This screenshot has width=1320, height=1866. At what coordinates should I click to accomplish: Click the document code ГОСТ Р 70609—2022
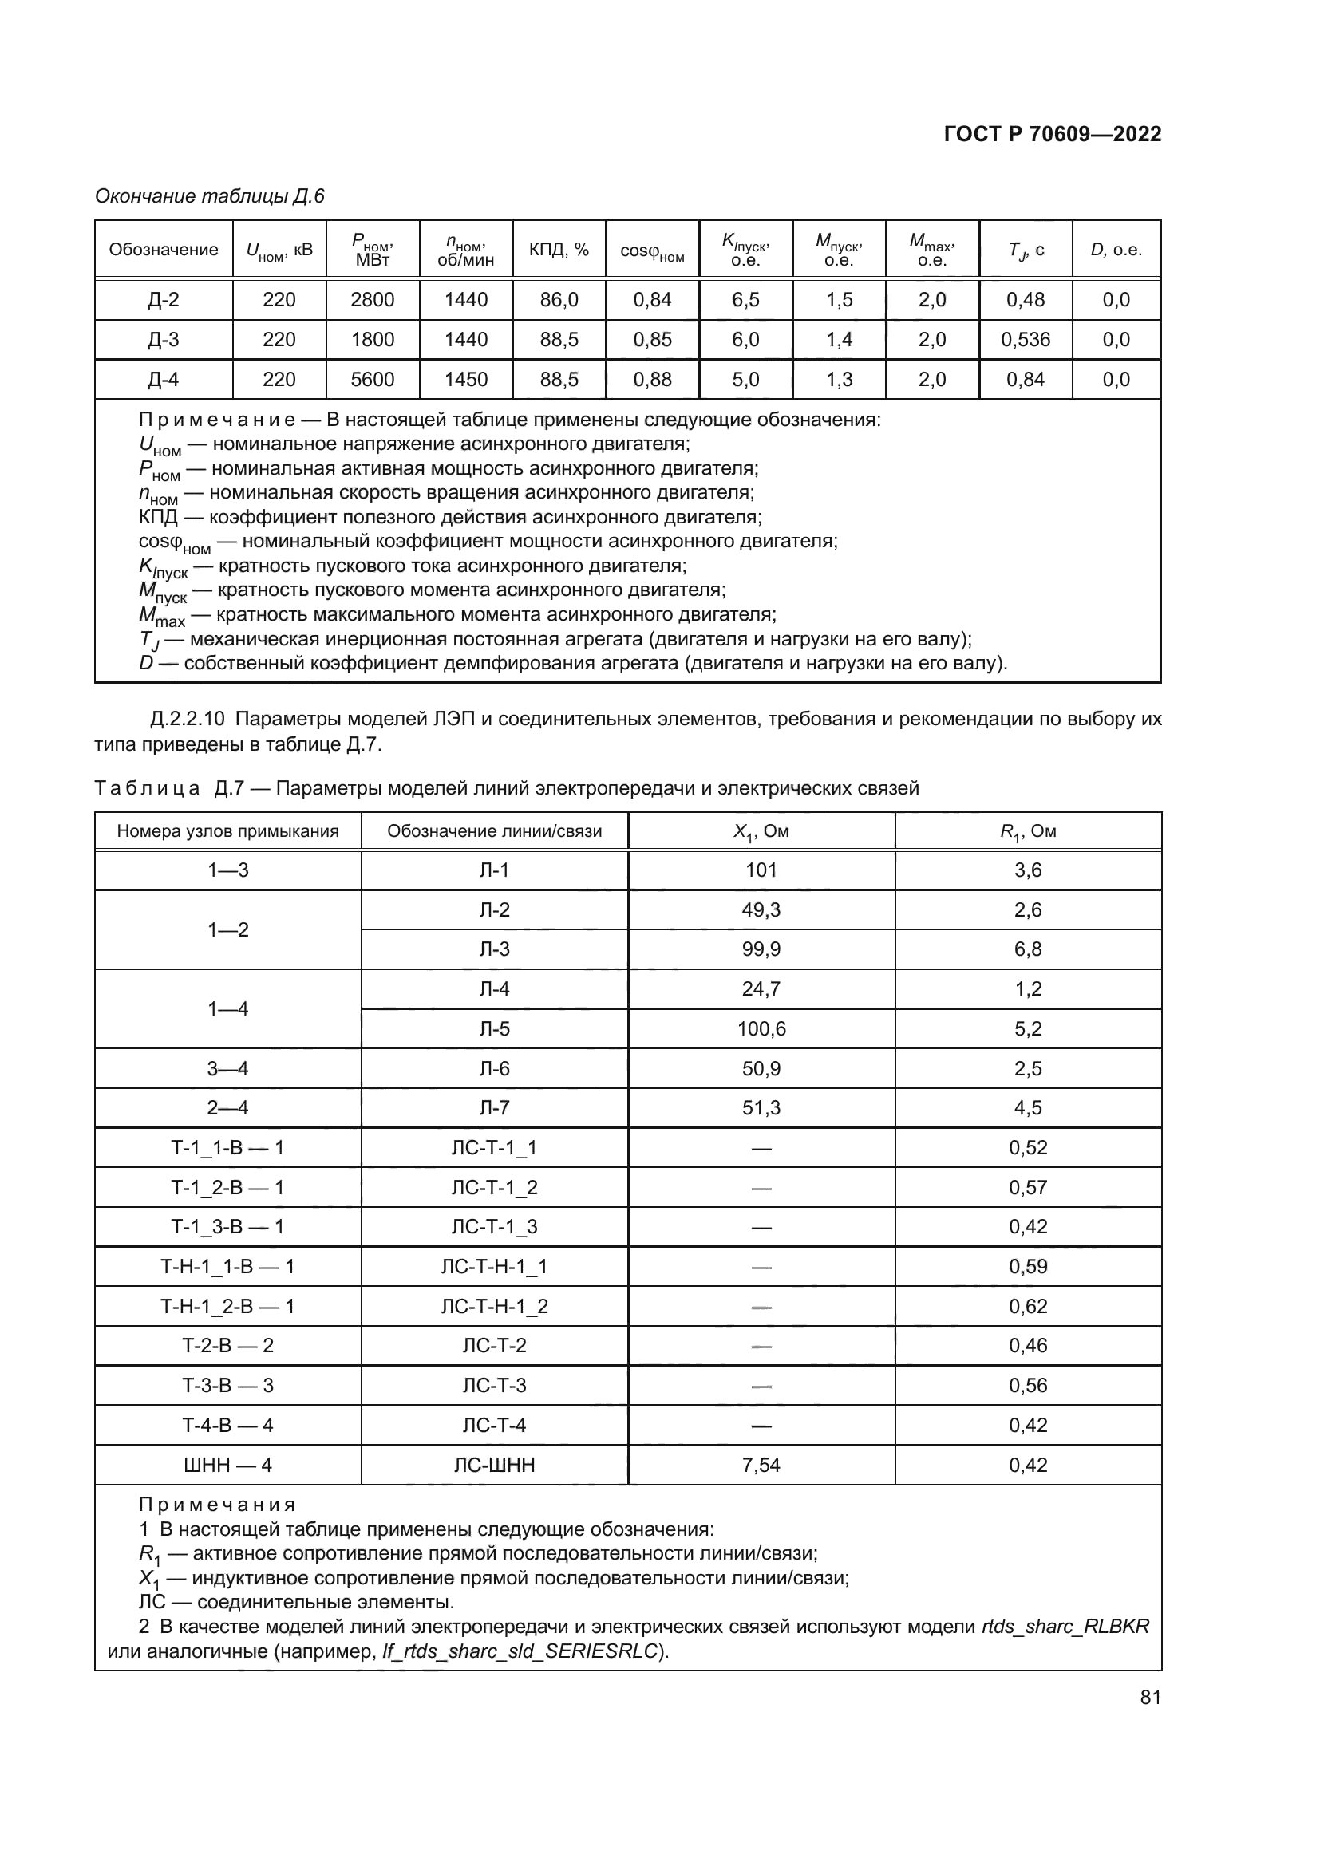click(x=1053, y=134)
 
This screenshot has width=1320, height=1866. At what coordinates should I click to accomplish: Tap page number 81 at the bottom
click(x=1150, y=1697)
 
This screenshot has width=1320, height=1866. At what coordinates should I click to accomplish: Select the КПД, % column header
click(x=559, y=250)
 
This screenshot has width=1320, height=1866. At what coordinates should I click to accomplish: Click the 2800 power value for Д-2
click(x=372, y=300)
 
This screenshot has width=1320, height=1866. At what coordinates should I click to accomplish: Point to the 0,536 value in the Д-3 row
click(x=1025, y=340)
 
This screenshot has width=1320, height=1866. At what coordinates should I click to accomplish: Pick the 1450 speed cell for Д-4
click(x=466, y=380)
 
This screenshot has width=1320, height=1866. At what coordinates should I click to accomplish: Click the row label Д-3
click(x=164, y=340)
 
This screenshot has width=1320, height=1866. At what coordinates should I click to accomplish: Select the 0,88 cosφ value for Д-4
click(x=652, y=380)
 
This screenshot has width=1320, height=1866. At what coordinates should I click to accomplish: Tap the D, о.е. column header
click(x=1116, y=250)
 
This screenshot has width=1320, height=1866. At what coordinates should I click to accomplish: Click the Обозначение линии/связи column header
click(x=494, y=830)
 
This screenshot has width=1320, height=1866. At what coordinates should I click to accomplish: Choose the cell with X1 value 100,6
click(x=761, y=1029)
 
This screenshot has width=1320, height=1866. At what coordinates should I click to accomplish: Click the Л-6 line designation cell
click(x=494, y=1069)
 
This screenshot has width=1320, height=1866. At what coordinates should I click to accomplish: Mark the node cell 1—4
click(x=227, y=1008)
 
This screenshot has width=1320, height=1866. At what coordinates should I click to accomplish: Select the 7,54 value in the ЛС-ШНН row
click(x=761, y=1466)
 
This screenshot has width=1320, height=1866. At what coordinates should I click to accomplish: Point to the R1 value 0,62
click(x=1027, y=1307)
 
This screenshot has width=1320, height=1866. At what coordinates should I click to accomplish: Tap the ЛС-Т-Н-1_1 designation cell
click(x=494, y=1267)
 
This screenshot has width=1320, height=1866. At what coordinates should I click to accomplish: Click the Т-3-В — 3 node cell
click(x=227, y=1386)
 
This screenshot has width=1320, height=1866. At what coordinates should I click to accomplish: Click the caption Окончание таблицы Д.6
click(x=210, y=196)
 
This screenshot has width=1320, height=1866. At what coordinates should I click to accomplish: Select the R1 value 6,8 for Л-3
click(x=1027, y=949)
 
